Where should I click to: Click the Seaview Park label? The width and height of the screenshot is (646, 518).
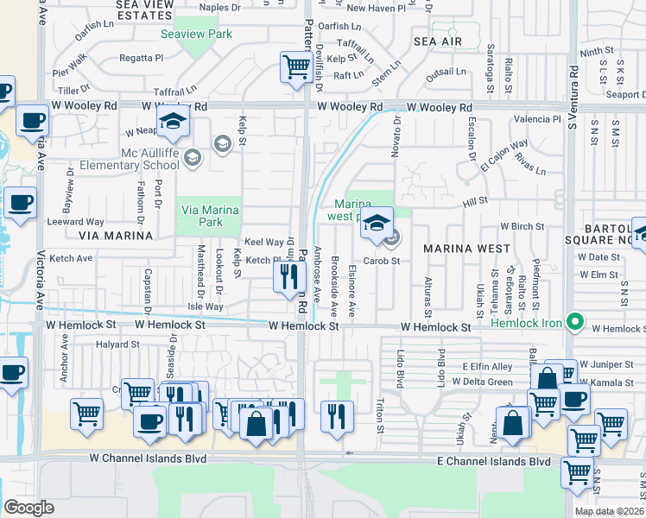point(196,35)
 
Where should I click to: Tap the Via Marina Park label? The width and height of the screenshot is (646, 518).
point(199,215)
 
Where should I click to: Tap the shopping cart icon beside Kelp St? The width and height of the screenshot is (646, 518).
point(296,67)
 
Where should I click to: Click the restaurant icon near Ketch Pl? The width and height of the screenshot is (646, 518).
point(288,276)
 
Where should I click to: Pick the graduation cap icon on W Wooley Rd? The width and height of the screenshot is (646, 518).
point(173,122)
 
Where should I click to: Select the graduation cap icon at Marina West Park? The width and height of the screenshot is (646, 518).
point(377,223)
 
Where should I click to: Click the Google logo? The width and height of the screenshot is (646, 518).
point(28,508)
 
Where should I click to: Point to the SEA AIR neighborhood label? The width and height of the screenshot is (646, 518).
point(438,41)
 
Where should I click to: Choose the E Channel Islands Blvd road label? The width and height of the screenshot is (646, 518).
point(493,462)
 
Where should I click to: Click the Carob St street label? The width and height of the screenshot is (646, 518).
point(381,261)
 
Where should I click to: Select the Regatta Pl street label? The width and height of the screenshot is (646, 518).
point(142,59)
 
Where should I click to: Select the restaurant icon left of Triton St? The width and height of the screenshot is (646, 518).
point(336,414)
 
